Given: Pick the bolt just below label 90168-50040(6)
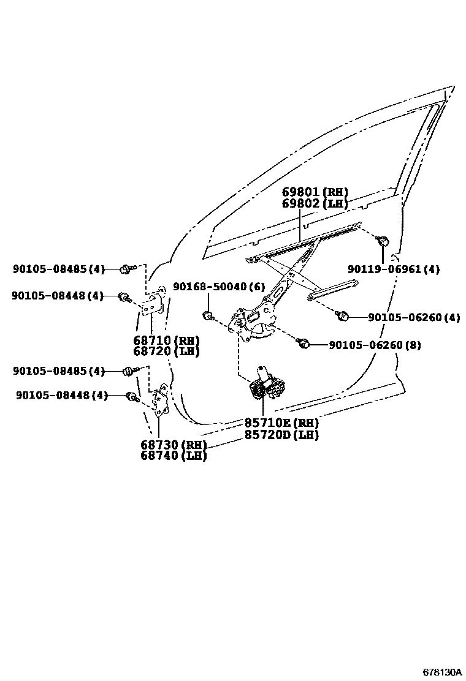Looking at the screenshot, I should [x=208, y=315].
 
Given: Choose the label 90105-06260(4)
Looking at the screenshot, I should [x=414, y=317].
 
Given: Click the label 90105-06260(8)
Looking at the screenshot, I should [x=375, y=345].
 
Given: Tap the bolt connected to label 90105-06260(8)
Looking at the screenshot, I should [x=302, y=343].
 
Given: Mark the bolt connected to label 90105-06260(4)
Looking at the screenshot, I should [x=342, y=316].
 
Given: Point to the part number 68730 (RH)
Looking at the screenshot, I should [x=173, y=445].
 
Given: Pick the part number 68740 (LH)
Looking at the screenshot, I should [x=173, y=456].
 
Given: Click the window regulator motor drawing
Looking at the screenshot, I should [x=266, y=385].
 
